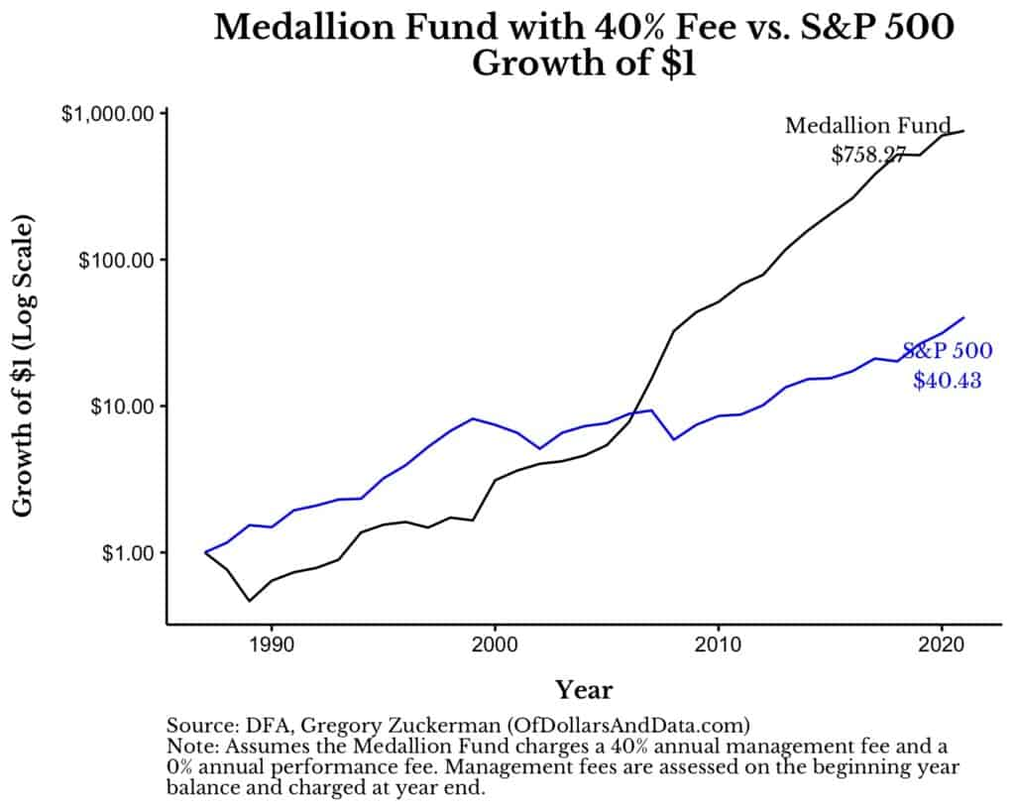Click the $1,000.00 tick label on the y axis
pyautogui.click(x=107, y=114)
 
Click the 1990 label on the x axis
pyautogui.click(x=272, y=645)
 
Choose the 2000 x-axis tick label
pyautogui.click(x=495, y=645)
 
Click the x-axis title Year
pyautogui.click(x=583, y=689)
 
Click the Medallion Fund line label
pyautogui.click(x=866, y=126)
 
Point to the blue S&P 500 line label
pyautogui.click(x=947, y=351)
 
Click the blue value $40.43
pyautogui.click(x=947, y=380)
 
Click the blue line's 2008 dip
pyautogui.click(x=674, y=439)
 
